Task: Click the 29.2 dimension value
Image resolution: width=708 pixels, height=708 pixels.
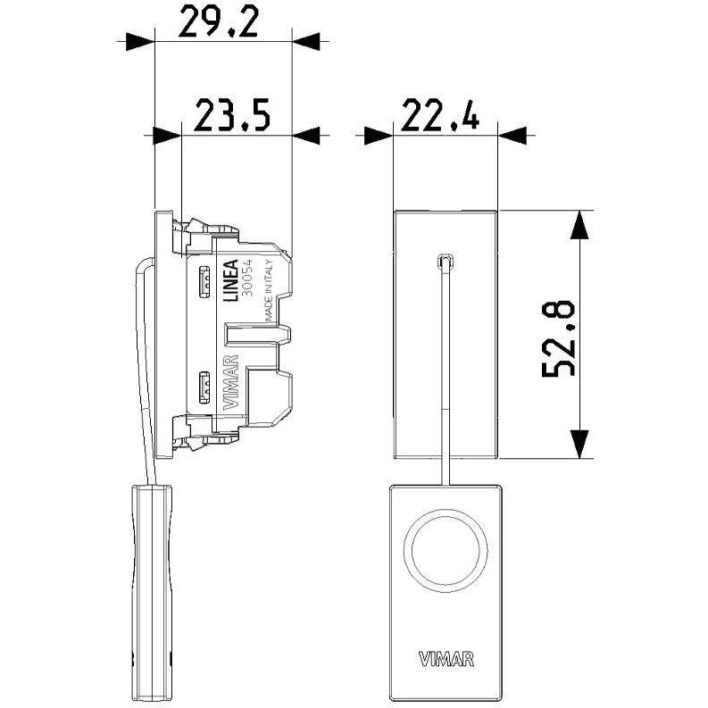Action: click(219, 21)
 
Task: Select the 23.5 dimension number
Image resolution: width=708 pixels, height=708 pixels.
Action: click(232, 115)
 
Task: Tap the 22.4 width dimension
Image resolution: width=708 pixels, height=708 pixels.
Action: click(440, 115)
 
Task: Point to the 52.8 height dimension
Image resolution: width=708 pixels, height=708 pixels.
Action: click(558, 337)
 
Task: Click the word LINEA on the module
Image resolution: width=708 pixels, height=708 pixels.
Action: click(231, 280)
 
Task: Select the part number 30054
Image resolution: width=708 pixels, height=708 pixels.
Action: click(247, 279)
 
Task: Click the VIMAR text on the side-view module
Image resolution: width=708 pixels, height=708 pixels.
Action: click(231, 382)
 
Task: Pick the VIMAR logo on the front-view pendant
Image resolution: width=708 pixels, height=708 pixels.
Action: click(446, 659)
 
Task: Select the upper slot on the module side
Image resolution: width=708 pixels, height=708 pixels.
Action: click(204, 283)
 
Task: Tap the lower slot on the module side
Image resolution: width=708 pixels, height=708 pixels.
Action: click(204, 387)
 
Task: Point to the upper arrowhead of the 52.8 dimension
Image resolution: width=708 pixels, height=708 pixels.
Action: click(579, 225)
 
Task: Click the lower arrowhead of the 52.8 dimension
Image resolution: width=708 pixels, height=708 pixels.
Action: click(579, 444)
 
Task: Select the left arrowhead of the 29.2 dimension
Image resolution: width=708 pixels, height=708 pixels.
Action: click(140, 42)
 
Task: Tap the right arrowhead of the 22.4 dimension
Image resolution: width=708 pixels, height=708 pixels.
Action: click(512, 136)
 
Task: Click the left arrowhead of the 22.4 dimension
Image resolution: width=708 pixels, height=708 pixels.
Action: click(378, 136)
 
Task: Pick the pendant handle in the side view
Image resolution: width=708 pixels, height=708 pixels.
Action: click(152, 593)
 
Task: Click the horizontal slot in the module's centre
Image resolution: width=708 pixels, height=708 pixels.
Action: click(258, 335)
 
